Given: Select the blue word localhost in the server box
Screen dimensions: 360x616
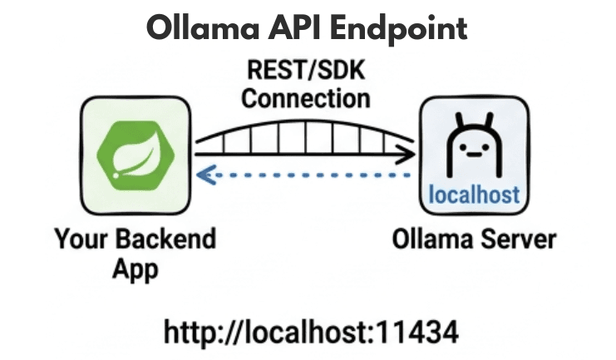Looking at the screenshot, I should coord(474,195).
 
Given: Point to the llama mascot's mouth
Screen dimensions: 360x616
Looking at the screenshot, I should coord(474,155).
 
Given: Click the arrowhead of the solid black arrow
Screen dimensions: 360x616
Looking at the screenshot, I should coord(407,153).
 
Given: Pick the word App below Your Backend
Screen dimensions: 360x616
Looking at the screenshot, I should coord(136,269).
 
